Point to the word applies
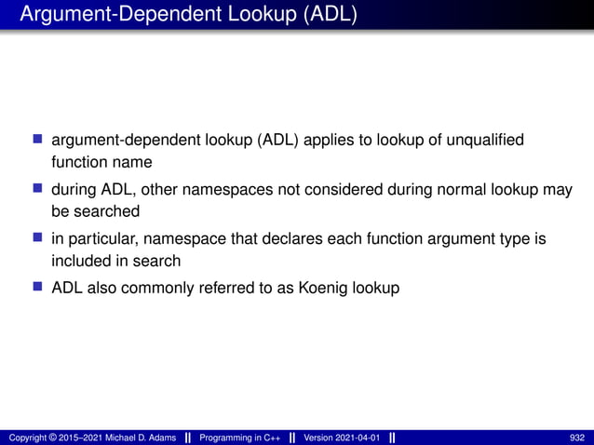coord(308,140)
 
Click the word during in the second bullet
coord(74,190)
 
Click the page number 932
coord(576,438)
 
